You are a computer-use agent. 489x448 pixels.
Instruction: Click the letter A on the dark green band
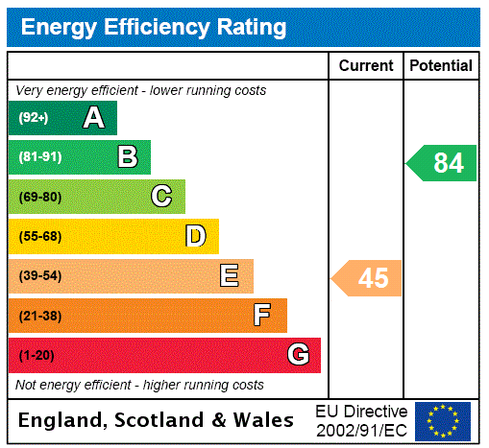coord(93,118)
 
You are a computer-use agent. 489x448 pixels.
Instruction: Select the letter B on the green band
coord(128,157)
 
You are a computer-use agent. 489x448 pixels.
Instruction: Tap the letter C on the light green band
coord(161,197)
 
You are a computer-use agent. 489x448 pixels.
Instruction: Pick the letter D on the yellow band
coord(195,236)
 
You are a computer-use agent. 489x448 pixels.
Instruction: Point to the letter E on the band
coord(230,276)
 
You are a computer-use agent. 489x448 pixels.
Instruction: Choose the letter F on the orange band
coord(262,316)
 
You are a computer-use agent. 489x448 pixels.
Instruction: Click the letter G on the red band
coord(298,355)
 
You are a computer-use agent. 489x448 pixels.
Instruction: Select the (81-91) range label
coord(39,157)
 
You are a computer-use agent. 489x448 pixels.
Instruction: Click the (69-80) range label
coord(39,197)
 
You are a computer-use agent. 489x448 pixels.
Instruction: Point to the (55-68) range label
coord(39,236)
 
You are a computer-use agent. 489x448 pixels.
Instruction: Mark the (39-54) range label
coord(39,276)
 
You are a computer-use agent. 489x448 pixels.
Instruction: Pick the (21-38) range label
coord(39,316)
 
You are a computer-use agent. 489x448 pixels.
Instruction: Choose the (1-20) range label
coord(37,355)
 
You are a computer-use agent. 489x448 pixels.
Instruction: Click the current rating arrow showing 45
coord(368,278)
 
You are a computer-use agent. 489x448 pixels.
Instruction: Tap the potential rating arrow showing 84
coord(443,163)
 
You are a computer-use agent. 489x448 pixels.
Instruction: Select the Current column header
coord(366,66)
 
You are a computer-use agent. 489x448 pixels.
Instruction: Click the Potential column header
coord(441,66)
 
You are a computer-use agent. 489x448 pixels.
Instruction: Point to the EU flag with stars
coord(443,421)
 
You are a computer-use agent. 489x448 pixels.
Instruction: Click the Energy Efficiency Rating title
coord(154,28)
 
